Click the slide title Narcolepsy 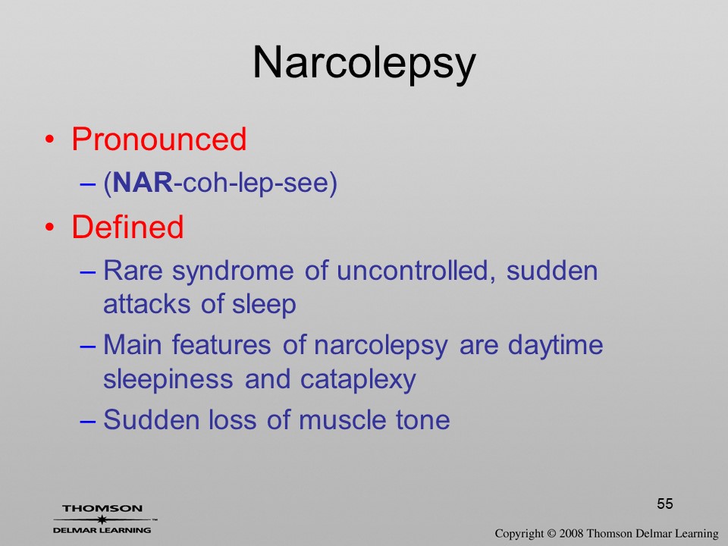click(x=364, y=64)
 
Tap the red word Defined click(x=127, y=227)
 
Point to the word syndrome click(x=233, y=272)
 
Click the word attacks click(x=146, y=305)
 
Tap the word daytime click(x=555, y=347)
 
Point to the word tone click(x=422, y=421)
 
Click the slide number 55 click(x=665, y=504)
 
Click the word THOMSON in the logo click(x=102, y=508)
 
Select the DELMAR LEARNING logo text click(x=102, y=530)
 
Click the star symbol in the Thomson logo click(x=102, y=519)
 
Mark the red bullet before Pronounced click(x=49, y=140)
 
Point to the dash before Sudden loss click(x=88, y=421)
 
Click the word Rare click(x=133, y=271)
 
